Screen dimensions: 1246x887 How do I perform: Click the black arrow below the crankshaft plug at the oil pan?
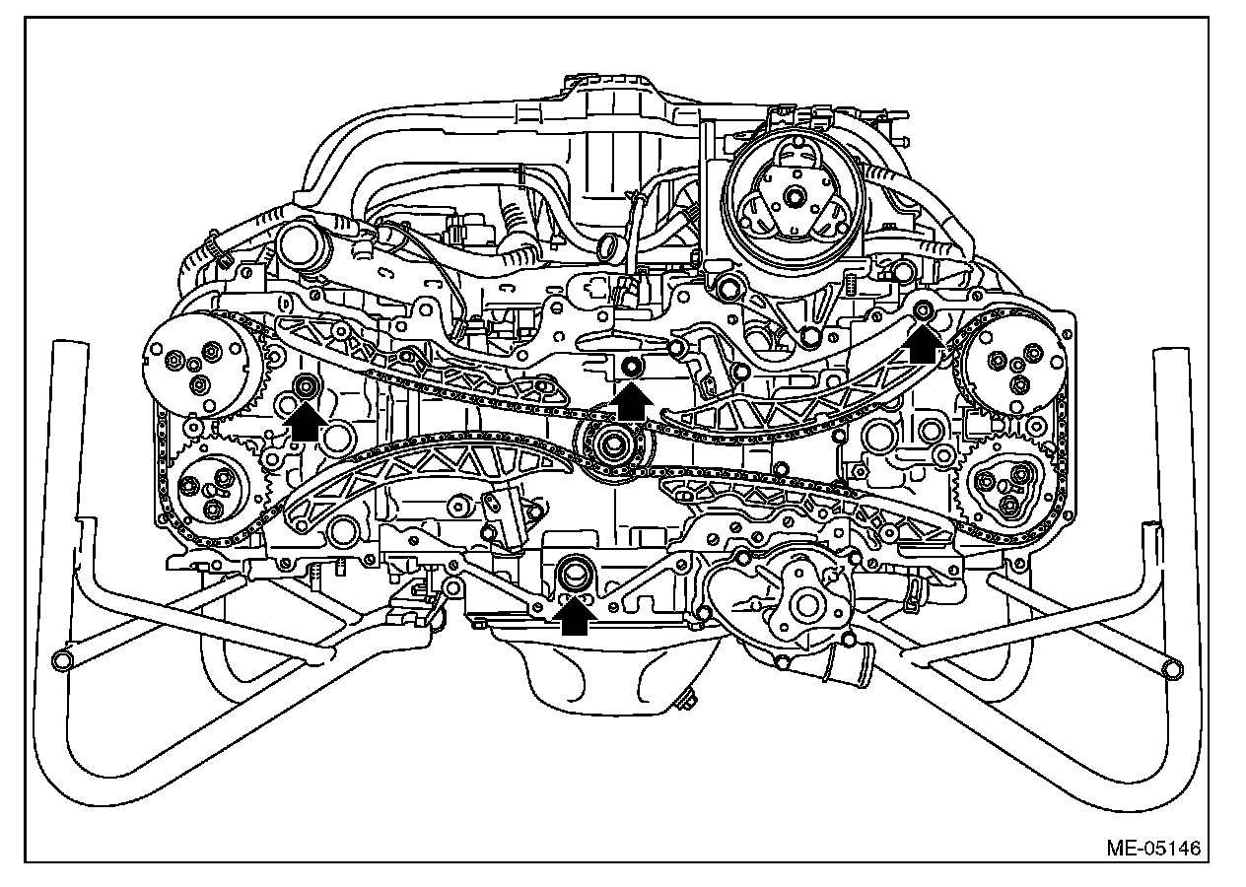pyautogui.click(x=575, y=615)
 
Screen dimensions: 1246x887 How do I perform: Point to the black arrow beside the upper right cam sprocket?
pyautogui.click(x=924, y=344)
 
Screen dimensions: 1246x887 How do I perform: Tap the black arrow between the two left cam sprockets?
pyautogui.click(x=306, y=421)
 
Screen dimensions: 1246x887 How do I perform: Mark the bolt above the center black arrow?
pyautogui.click(x=631, y=368)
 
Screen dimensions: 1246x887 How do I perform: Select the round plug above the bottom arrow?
pyautogui.click(x=573, y=572)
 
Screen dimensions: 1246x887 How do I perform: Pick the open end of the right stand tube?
pyautogui.click(x=1171, y=669)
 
